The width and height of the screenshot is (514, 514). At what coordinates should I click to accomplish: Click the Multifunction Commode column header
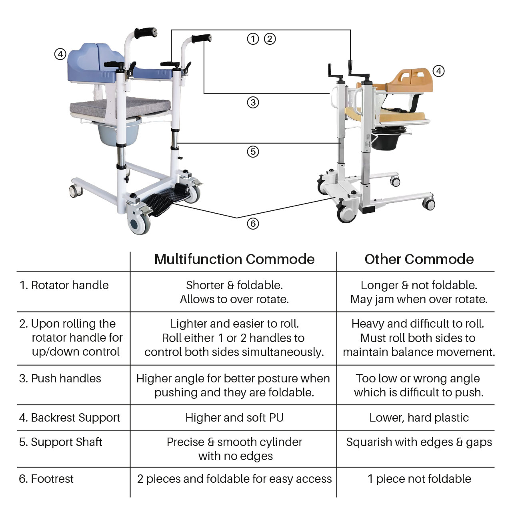(x=234, y=259)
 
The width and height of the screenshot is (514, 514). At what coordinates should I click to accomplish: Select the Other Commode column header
(x=419, y=259)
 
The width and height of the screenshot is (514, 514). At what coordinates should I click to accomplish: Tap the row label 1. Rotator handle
(x=64, y=285)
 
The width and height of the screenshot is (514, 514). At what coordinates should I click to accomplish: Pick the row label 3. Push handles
(x=60, y=378)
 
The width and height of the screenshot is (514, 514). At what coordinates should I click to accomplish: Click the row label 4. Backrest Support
(x=70, y=418)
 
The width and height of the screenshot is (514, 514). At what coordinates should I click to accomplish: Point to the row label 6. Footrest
(x=46, y=479)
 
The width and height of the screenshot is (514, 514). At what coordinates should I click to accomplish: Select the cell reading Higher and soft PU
(x=234, y=418)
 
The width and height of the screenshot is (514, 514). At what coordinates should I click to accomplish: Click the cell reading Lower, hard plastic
(x=419, y=418)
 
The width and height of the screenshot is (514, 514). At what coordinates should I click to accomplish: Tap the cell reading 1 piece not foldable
(x=419, y=479)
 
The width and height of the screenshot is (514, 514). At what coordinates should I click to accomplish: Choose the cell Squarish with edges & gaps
(x=419, y=442)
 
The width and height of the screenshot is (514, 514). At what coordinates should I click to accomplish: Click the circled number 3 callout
(x=253, y=102)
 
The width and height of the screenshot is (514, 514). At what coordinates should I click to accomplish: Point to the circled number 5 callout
(x=253, y=152)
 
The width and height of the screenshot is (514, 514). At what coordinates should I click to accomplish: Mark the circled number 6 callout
(x=253, y=224)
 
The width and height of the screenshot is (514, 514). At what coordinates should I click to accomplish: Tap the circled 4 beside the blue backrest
(x=60, y=54)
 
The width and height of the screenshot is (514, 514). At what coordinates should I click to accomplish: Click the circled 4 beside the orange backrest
(x=439, y=71)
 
